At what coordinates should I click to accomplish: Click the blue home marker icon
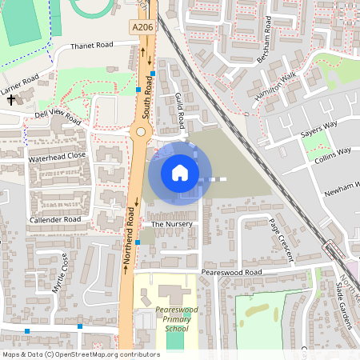point(180,172)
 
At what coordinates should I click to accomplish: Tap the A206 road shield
point(142,26)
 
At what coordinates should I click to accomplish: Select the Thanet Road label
point(94,46)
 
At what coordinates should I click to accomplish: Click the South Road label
point(146,88)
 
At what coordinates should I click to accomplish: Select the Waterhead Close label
point(56,156)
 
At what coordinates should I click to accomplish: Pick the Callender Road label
point(55,219)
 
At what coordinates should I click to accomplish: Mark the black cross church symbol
point(11,101)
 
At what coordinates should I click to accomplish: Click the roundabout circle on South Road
point(141,130)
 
